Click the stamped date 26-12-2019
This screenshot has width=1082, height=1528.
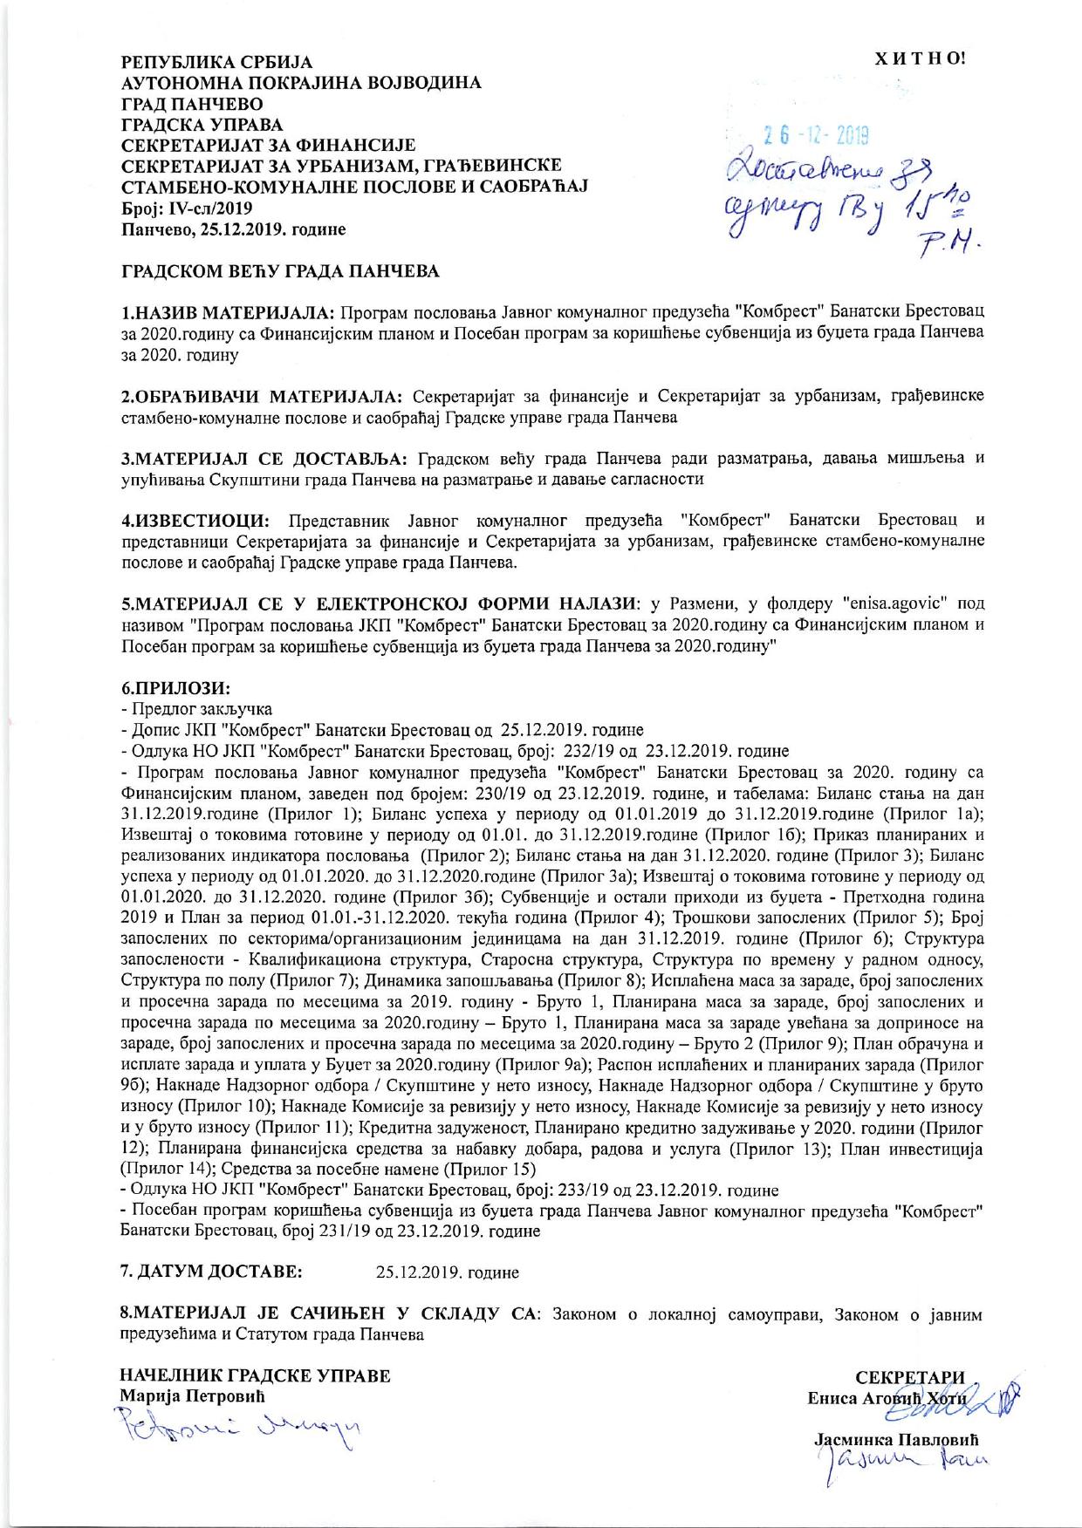(x=814, y=137)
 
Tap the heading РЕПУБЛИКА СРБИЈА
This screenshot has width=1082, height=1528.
(x=216, y=64)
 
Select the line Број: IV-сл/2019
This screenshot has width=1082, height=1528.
(x=186, y=209)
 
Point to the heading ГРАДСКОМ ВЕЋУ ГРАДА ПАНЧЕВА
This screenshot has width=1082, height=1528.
(x=279, y=271)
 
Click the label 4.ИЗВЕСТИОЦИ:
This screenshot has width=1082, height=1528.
(x=194, y=522)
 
